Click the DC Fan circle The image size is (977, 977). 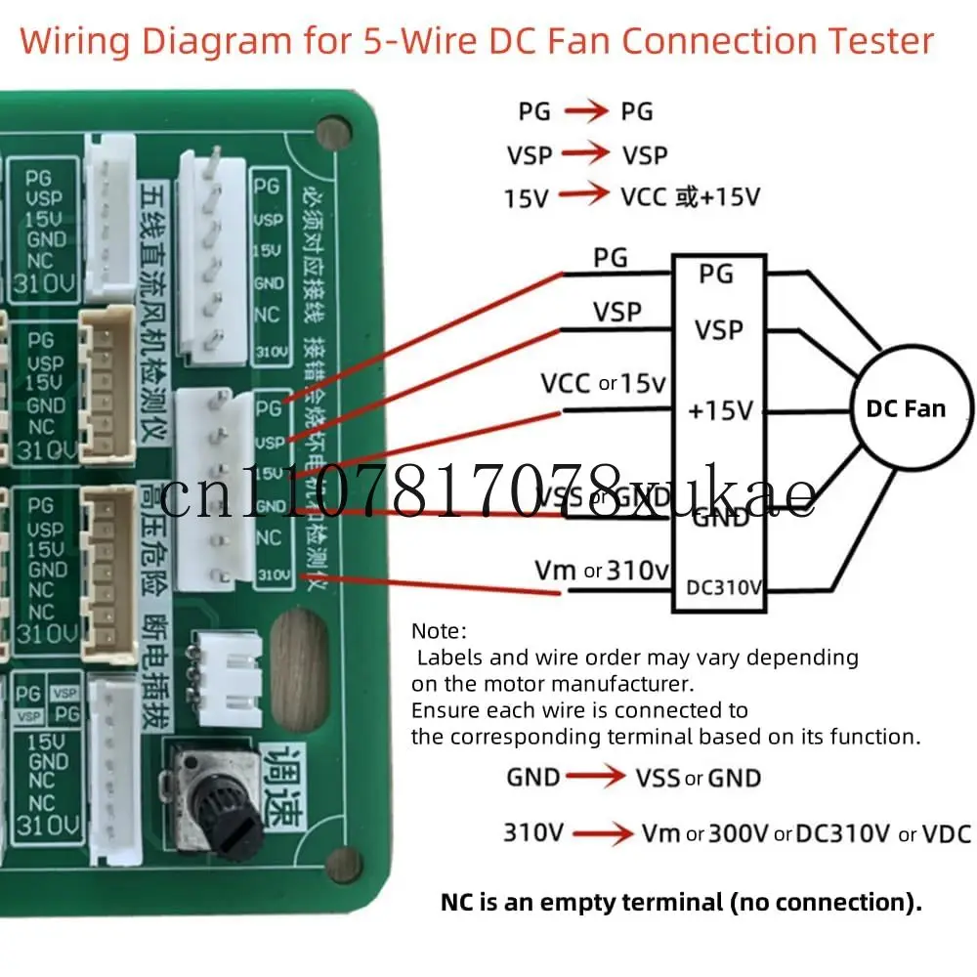(906, 407)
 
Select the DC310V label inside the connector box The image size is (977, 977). (724, 587)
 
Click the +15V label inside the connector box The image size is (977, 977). (721, 411)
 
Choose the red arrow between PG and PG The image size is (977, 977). (585, 111)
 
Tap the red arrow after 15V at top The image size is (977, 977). (583, 195)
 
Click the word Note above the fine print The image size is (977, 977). (439, 631)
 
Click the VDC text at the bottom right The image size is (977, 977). (947, 833)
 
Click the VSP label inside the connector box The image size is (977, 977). (719, 329)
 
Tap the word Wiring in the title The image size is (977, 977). (75, 41)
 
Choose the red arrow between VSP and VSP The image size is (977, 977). (585, 154)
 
